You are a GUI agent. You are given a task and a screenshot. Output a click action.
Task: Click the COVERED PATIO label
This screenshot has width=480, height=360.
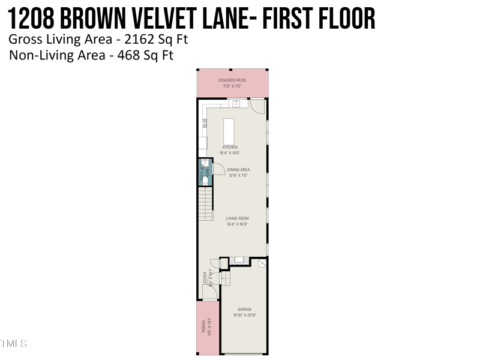click(x=232, y=80)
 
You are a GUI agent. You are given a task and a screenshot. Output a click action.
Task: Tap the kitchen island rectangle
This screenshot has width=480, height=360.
click(x=229, y=130)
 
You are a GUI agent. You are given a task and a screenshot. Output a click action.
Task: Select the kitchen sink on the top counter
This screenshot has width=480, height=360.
click(x=236, y=104)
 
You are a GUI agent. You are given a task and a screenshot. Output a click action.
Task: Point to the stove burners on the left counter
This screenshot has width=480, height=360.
click(x=204, y=124)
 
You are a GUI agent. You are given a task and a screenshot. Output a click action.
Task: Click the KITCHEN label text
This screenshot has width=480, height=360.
click(x=230, y=147)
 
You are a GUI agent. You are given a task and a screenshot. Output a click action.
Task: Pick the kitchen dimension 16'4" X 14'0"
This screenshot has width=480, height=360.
click(x=230, y=153)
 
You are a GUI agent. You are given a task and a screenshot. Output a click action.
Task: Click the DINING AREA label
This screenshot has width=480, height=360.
click(x=238, y=170)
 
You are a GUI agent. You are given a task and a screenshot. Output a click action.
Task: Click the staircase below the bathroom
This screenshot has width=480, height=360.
click(x=206, y=204)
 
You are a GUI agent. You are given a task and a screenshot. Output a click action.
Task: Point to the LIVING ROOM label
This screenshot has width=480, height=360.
click(x=238, y=218)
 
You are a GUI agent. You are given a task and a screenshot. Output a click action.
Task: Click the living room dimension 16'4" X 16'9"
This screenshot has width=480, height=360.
click(x=238, y=224)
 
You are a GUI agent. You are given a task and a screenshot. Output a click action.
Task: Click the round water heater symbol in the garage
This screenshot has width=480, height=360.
click(x=262, y=262)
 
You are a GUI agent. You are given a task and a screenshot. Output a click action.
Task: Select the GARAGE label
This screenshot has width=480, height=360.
click(x=244, y=310)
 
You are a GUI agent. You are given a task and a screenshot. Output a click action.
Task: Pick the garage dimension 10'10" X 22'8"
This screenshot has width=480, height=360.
click(x=244, y=316)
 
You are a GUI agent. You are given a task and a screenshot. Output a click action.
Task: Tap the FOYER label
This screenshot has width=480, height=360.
click(x=205, y=277)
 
